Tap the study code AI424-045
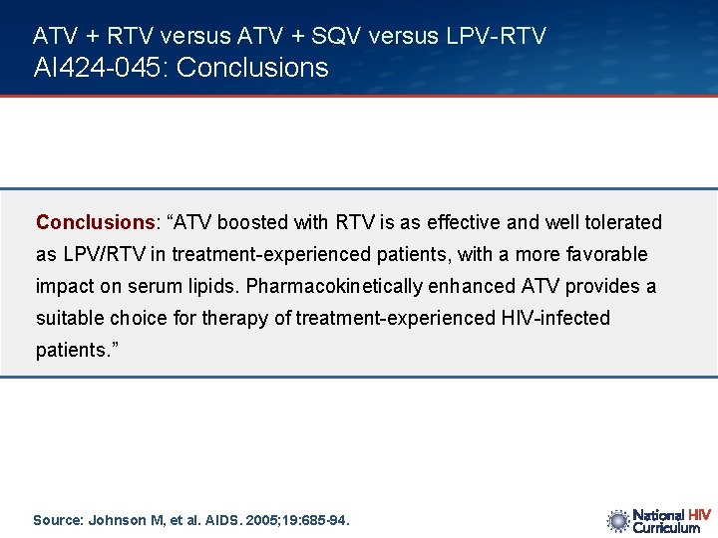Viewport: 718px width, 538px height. [95, 68]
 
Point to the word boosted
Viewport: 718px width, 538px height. [293, 222]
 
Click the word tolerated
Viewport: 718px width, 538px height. [623, 222]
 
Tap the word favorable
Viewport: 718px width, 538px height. [609, 254]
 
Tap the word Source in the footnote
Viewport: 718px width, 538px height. [56, 520]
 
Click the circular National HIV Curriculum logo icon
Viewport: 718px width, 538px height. [618, 520]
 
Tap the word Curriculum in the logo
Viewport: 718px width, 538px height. [667, 528]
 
